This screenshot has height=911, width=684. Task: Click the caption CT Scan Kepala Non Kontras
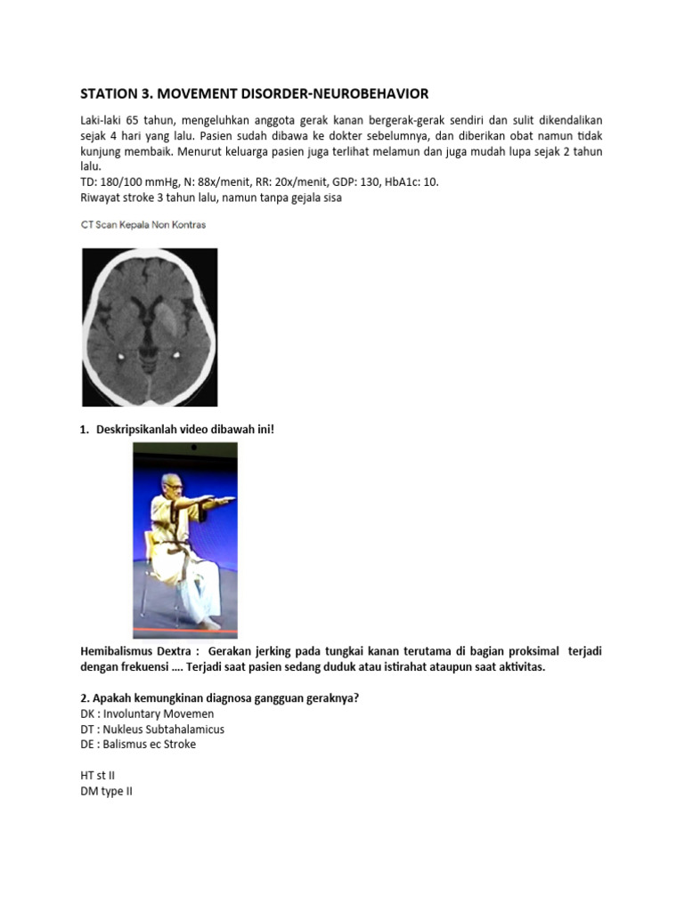click(x=143, y=225)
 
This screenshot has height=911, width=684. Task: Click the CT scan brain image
click(x=150, y=327)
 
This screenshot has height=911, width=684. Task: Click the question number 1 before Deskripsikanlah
click(x=85, y=430)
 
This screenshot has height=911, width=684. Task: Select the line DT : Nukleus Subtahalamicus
click(x=152, y=729)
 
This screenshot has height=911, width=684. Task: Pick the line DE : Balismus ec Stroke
click(x=138, y=744)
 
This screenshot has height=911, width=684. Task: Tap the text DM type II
click(x=106, y=791)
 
